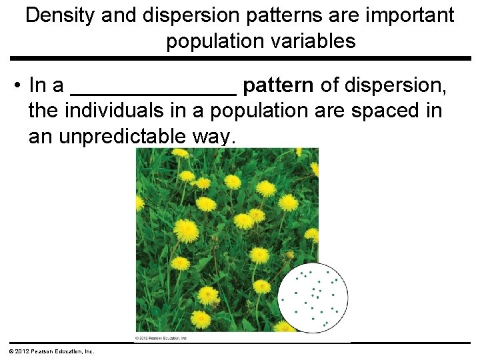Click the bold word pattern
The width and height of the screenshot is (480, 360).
coord(279,86)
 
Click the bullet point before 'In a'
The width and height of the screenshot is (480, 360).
coord(15,86)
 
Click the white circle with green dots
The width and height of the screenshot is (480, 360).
coord(313,296)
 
